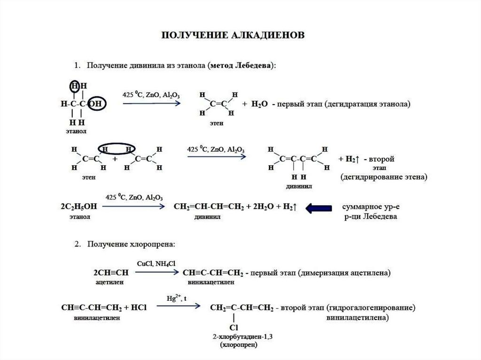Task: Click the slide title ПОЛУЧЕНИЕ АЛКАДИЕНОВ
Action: (233, 35)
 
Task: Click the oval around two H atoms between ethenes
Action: (117, 148)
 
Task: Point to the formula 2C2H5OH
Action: (78, 207)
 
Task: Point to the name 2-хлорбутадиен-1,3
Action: (234, 337)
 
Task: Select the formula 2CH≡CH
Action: (111, 273)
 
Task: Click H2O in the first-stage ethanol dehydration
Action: (258, 104)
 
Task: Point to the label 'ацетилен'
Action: (109, 283)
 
